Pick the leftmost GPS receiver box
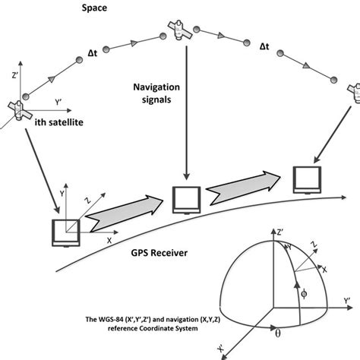point(65,232)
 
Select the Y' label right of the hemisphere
point(349,301)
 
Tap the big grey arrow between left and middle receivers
point(125,216)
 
